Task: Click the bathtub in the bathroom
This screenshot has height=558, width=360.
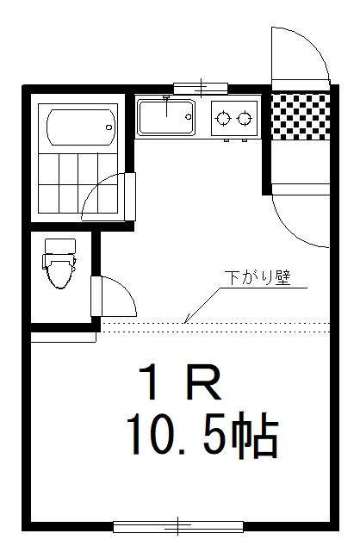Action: pyautogui.click(x=82, y=127)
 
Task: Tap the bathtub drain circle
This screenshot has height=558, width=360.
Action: pyautogui.click(x=109, y=127)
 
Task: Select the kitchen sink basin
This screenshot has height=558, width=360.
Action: pyautogui.click(x=166, y=117)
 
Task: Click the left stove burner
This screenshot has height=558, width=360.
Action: pyautogui.click(x=223, y=118)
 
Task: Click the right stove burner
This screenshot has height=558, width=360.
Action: pyautogui.click(x=245, y=118)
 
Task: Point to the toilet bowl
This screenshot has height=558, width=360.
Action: pyautogui.click(x=59, y=272)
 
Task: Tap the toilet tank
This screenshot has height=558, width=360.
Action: pyautogui.click(x=60, y=246)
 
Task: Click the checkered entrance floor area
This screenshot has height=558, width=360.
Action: pyautogui.click(x=301, y=117)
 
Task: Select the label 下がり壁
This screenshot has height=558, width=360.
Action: pyautogui.click(x=258, y=278)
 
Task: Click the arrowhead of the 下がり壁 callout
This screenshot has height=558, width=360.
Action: pyautogui.click(x=186, y=320)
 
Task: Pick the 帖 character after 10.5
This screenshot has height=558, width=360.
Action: pyautogui.click(x=254, y=435)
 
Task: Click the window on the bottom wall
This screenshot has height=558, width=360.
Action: pyautogui.click(x=178, y=526)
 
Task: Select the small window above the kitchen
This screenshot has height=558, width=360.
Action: pyautogui.click(x=201, y=88)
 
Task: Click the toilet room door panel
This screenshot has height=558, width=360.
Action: pyautogui.click(x=96, y=296)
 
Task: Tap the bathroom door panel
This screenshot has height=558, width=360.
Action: pyautogui.click(x=130, y=196)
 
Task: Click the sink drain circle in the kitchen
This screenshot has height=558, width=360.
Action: pyautogui.click(x=188, y=116)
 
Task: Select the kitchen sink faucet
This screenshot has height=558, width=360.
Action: pyautogui.click(x=166, y=105)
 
